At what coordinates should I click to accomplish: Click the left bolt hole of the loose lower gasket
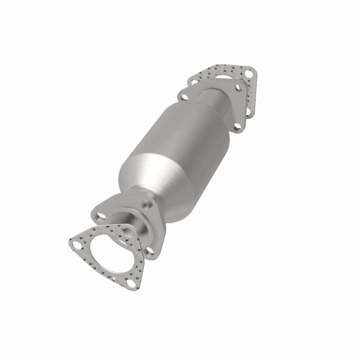pos(76,245)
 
